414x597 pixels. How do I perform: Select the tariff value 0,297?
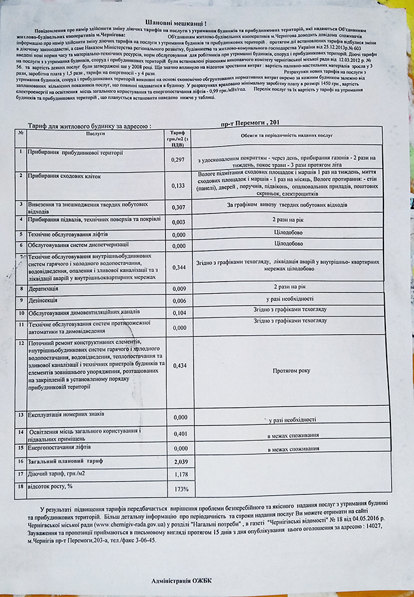coord(179,159)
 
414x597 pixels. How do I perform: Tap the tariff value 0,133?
coord(179,185)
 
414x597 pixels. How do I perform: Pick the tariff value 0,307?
coord(179,207)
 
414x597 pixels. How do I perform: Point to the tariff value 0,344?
coord(179,268)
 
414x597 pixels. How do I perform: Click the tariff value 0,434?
coord(179,365)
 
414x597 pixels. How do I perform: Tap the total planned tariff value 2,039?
coord(180,461)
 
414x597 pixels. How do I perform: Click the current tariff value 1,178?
coord(180,474)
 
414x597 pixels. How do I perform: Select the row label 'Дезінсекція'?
coord(44,300)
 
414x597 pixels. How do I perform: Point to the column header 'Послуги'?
coord(93,135)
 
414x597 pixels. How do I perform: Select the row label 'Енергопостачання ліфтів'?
coord(64,447)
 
